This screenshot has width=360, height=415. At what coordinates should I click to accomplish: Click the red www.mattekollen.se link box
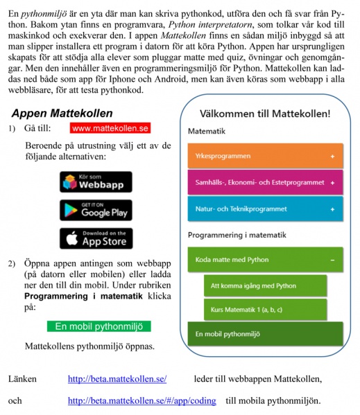tap(110, 128)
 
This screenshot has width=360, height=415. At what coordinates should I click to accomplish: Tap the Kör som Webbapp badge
tap(96, 182)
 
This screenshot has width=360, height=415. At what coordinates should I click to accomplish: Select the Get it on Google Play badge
tap(96, 210)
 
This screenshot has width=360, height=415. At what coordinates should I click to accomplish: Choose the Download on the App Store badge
tap(96, 238)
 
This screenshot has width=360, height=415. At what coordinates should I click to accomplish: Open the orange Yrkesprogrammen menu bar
tap(266, 156)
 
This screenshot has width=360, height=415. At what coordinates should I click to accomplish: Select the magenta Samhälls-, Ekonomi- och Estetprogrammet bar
tap(266, 183)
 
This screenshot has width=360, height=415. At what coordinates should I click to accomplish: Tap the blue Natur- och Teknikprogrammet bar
tap(266, 209)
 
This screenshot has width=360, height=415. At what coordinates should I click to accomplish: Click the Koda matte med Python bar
tap(266, 260)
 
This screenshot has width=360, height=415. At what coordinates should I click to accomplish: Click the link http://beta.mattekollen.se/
tap(117, 378)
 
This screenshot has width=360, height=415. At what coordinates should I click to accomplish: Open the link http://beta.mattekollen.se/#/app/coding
tap(142, 400)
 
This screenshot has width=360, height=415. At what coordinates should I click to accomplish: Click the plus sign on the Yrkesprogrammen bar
tap(332, 157)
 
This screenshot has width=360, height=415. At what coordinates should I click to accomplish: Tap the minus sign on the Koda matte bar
tap(332, 260)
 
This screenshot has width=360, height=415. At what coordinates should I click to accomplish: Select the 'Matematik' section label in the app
tap(206, 130)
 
